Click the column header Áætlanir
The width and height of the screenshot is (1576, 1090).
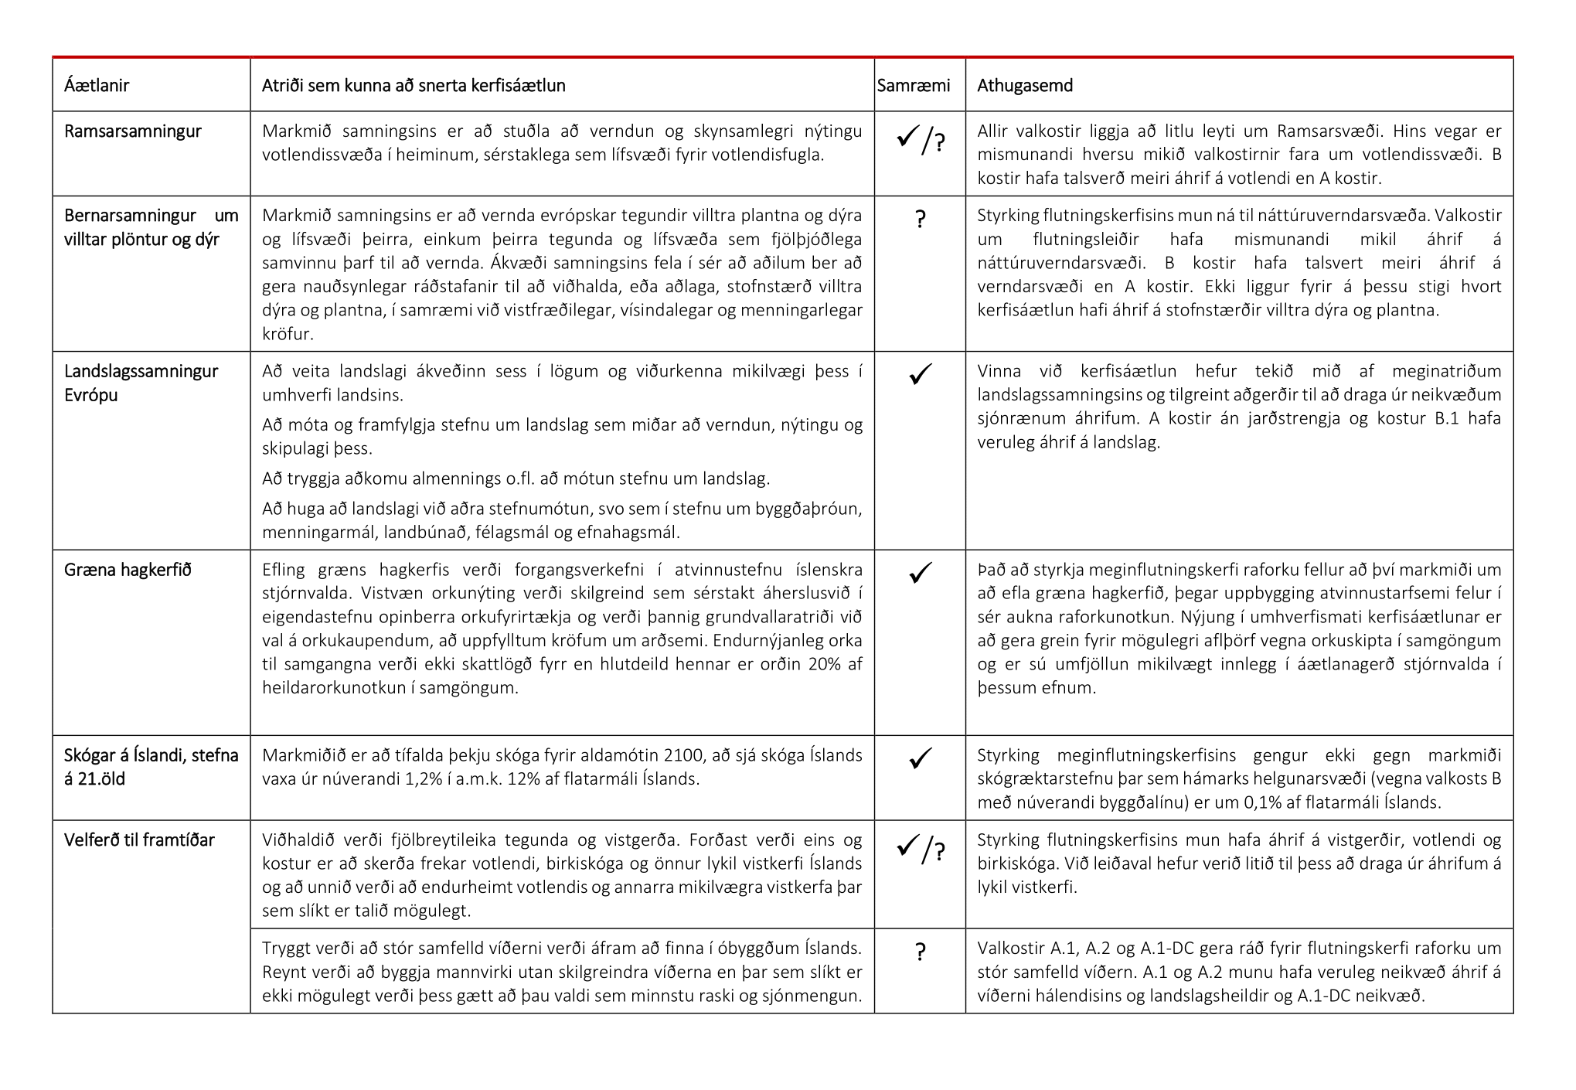click(x=97, y=85)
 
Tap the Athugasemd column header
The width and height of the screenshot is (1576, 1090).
click(x=1025, y=85)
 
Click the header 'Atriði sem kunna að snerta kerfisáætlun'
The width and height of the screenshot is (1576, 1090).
click(x=414, y=85)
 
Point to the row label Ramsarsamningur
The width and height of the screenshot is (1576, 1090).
click(x=132, y=131)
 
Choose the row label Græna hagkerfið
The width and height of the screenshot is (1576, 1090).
click(x=128, y=570)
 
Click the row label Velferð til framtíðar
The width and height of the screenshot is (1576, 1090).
click(x=139, y=840)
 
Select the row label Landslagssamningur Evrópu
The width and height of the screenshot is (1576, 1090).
click(x=141, y=383)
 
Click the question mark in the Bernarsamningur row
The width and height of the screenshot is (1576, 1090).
click(x=920, y=220)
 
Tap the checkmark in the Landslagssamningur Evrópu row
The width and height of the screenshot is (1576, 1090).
click(x=920, y=374)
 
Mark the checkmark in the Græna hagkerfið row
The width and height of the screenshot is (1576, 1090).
click(x=920, y=573)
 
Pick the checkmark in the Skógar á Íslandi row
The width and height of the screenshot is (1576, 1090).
click(x=920, y=758)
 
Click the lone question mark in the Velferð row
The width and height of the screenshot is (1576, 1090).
click(x=920, y=952)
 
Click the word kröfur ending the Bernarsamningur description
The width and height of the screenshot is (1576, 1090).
click(x=286, y=334)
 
